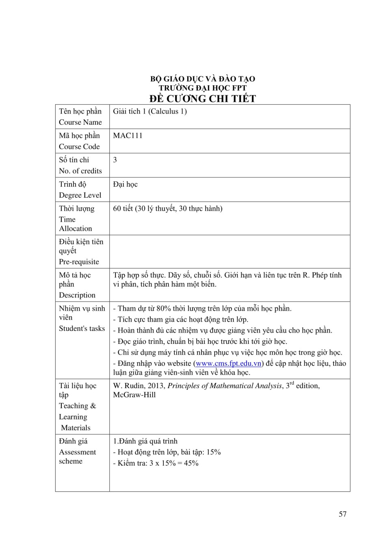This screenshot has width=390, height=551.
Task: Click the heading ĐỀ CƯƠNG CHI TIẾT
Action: coord(202,99)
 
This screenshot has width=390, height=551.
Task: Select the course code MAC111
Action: coord(128,136)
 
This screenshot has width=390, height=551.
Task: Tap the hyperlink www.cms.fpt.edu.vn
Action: coord(228,363)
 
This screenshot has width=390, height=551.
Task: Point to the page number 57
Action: coord(342,514)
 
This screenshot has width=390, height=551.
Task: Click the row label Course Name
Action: coord(80,122)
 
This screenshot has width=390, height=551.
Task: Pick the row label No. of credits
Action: coord(80,171)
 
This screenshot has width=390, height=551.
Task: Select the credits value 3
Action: coord(115,160)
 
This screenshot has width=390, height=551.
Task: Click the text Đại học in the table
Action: coord(125,184)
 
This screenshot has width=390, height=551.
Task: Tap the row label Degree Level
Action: coord(80,195)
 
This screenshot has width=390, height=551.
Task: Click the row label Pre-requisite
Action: coord(79,262)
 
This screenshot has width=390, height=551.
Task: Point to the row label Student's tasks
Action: coord(82,328)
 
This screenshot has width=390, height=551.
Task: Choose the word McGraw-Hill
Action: coord(134,395)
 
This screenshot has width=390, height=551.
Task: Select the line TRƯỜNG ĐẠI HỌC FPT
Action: coord(202,88)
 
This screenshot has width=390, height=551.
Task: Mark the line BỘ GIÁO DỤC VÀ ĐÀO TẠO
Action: coord(202,79)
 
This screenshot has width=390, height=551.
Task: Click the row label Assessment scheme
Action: coord(77,456)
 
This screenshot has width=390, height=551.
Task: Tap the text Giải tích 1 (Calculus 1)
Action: coord(150,111)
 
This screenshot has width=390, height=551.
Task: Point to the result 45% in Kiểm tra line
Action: coord(191,463)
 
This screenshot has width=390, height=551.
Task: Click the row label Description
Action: coord(77,295)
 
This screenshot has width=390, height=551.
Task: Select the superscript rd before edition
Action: coord(292,383)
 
